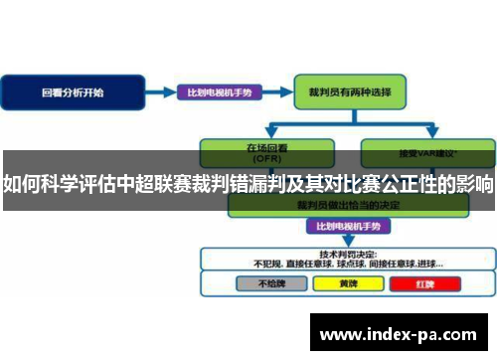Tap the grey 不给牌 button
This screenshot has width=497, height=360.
coord(262,282)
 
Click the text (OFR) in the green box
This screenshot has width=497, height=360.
coord(256,156)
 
